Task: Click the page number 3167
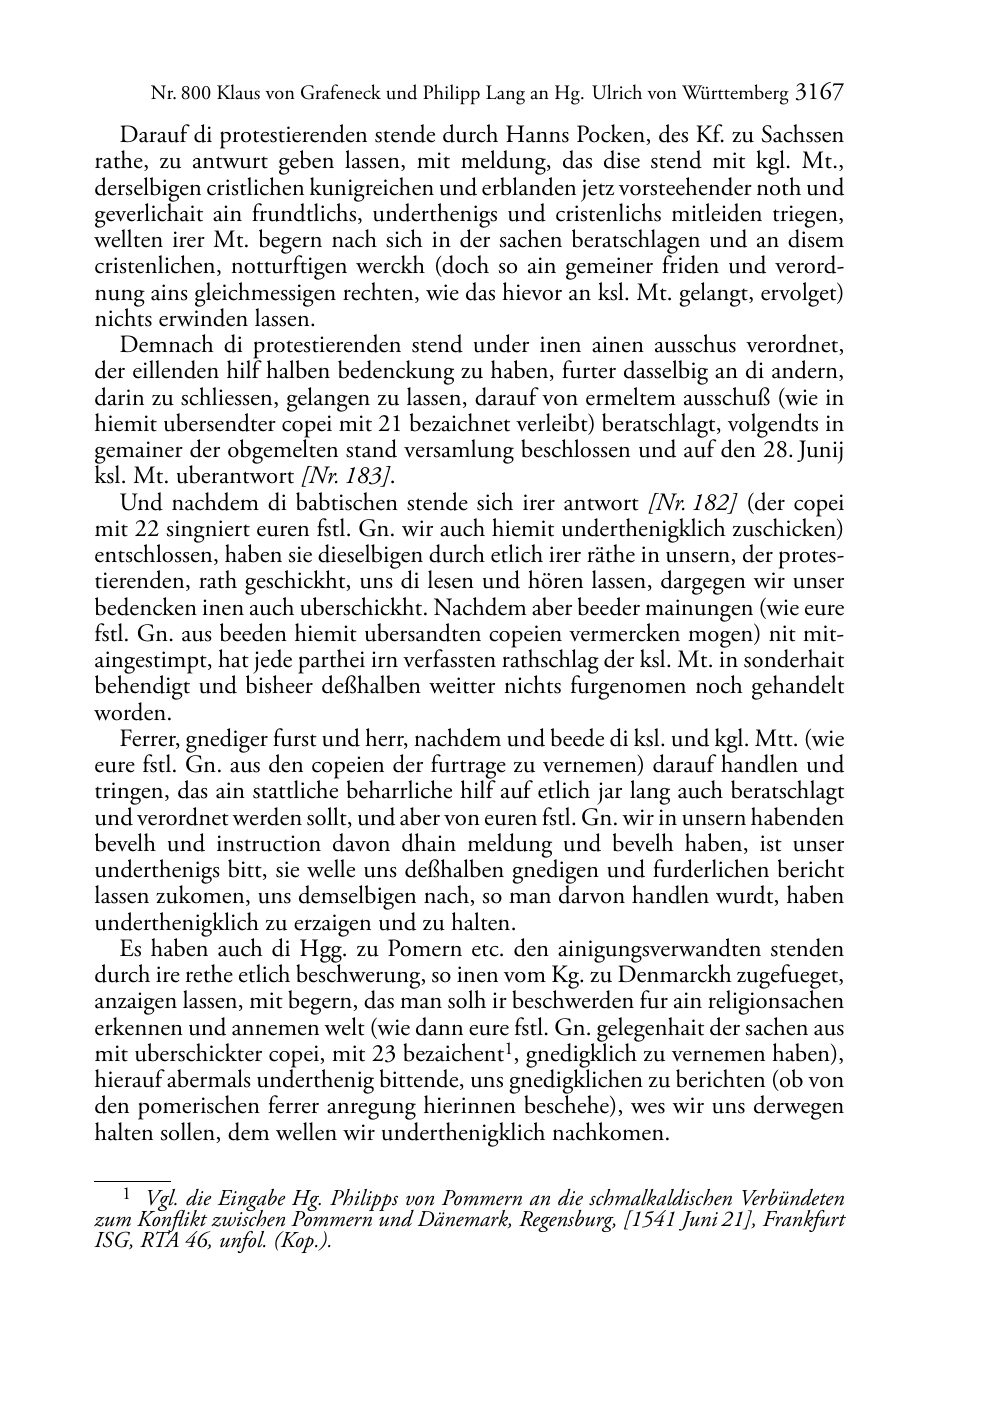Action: point(820,93)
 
